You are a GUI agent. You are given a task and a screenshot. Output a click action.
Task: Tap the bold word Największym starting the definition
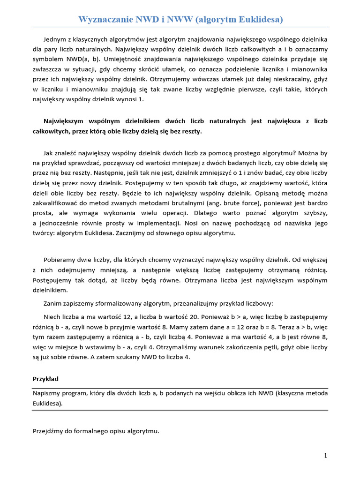click(63, 121)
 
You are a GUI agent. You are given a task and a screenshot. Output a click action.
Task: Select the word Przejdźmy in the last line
click(48, 431)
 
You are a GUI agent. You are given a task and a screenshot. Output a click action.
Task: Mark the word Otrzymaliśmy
click(184, 347)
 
